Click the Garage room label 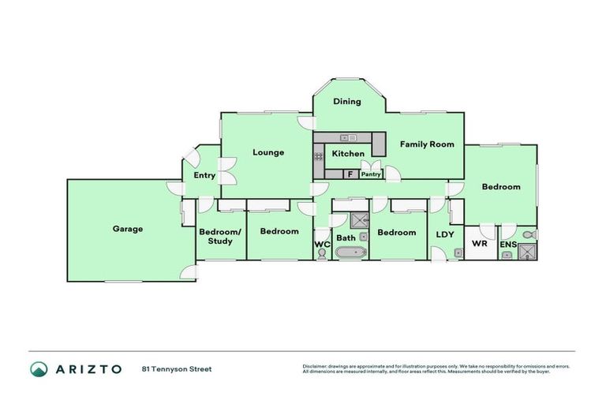127,229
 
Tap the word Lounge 268,152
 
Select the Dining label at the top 346,101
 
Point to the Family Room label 427,144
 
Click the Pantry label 371,174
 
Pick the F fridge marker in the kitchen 348,174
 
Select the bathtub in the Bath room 350,253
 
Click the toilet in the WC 321,254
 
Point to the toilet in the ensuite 529,234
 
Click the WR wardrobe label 479,245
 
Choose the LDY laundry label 443,234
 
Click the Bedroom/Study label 215,236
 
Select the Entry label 204,175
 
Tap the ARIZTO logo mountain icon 39,368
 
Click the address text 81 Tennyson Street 177,368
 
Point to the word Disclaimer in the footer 314,366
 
